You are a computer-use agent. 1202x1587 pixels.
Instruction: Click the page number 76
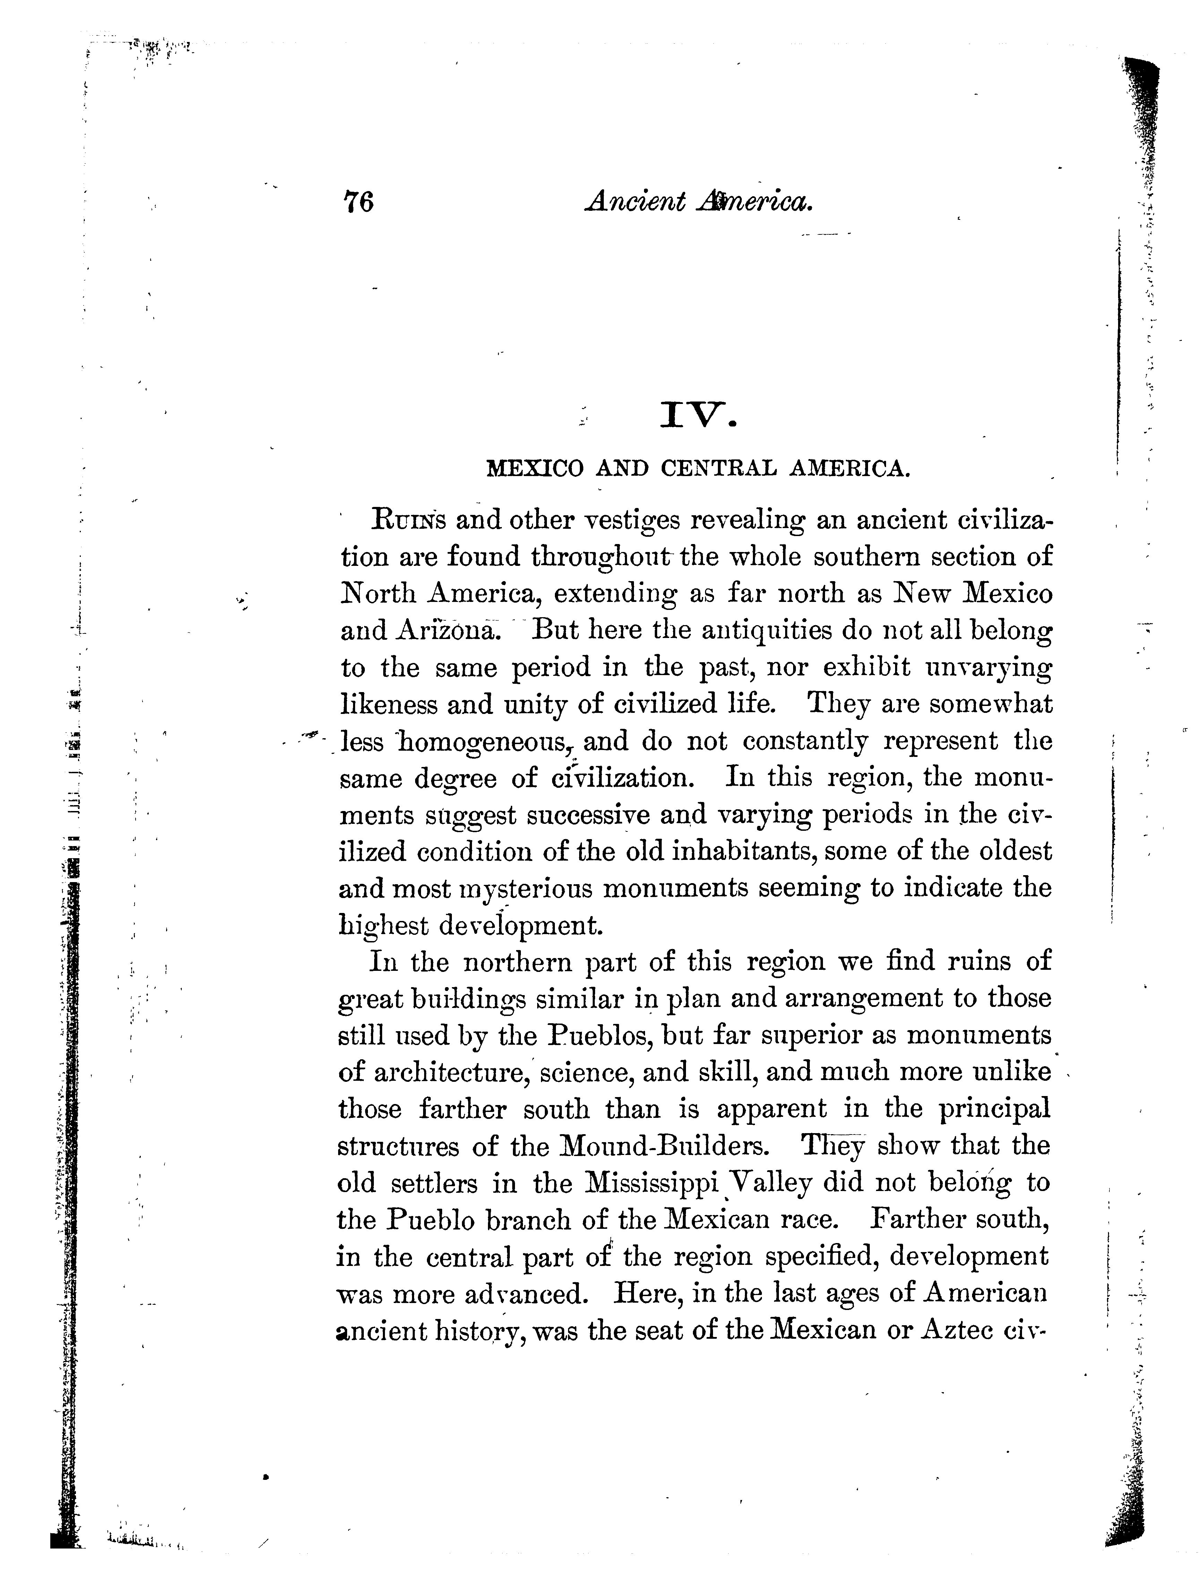(x=359, y=202)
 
